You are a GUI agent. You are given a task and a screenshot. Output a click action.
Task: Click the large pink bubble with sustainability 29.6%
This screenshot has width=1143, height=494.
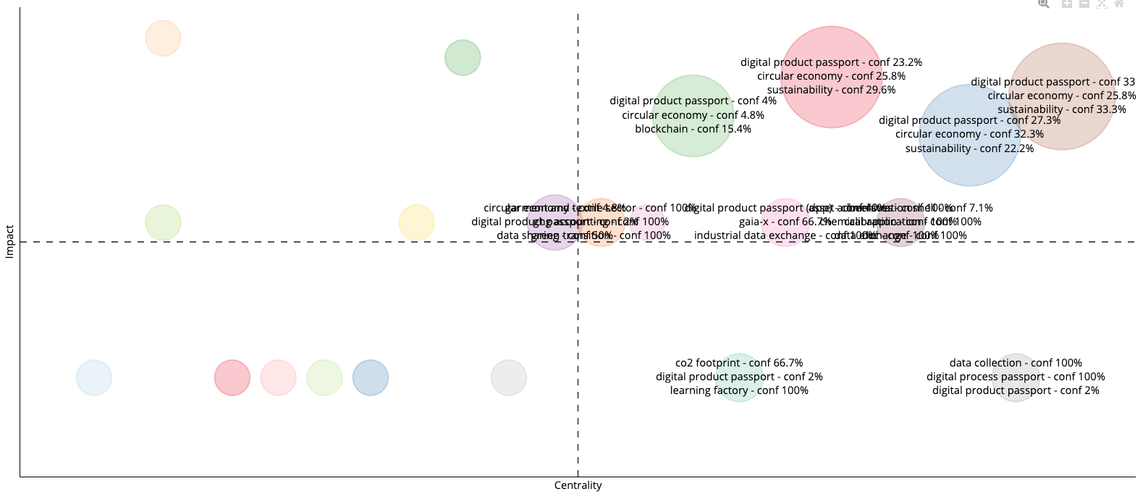(832, 43)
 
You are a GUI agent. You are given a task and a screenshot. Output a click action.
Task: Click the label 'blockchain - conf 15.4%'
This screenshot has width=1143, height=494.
(693, 129)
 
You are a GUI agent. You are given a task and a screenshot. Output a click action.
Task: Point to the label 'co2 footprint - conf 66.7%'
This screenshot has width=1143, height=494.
(738, 363)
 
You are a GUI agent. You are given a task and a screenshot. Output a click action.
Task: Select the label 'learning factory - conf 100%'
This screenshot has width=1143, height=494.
(738, 390)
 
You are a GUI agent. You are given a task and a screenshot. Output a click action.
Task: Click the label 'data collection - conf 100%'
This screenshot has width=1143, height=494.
(1015, 363)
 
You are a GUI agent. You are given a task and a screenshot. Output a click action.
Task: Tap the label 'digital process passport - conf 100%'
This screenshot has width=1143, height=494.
(1015, 377)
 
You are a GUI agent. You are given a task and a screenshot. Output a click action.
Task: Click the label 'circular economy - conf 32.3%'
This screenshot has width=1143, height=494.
(969, 134)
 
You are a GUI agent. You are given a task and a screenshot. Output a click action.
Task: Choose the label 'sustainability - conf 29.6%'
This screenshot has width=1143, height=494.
(831, 90)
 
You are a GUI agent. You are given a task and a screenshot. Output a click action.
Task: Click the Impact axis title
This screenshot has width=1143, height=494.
(10, 241)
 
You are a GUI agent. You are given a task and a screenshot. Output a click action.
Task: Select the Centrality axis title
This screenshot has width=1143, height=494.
(578, 485)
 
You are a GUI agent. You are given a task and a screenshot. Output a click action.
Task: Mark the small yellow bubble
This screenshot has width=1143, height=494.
(416, 222)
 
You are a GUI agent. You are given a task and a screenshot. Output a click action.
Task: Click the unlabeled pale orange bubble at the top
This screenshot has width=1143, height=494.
(163, 38)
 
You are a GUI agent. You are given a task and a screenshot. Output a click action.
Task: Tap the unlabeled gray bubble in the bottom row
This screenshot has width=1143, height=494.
(508, 377)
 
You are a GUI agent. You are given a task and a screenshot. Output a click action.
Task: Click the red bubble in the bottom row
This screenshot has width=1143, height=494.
(232, 377)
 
